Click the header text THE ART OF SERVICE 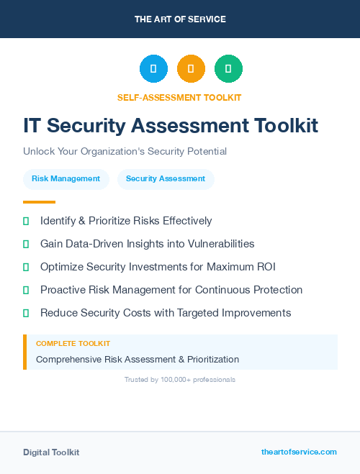point(180,19)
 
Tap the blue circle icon point(153,69)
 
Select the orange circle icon point(191,69)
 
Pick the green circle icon point(228,69)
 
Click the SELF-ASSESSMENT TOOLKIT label point(179,97)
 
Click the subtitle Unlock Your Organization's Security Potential point(125,152)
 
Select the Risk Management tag point(66,179)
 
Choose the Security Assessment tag point(166,179)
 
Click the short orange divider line point(39,202)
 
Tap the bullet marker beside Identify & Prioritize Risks point(26,221)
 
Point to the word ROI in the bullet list point(265,267)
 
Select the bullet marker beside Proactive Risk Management point(26,290)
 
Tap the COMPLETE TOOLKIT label point(73,344)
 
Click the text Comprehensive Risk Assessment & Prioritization point(138,359)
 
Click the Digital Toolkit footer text point(51,452)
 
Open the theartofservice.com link point(299,452)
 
